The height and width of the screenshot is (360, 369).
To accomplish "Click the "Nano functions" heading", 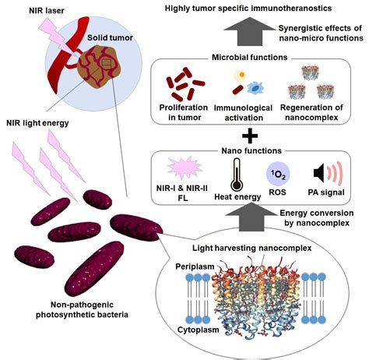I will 259,147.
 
